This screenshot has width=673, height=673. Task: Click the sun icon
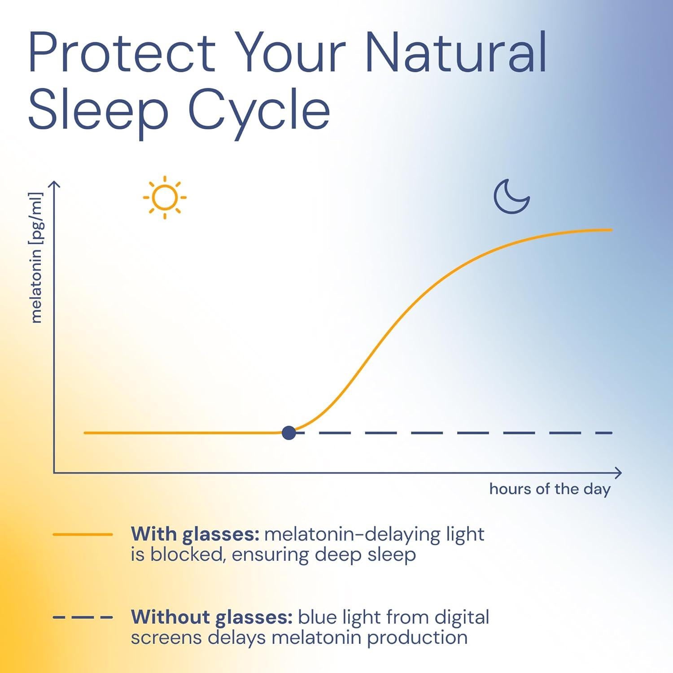(x=165, y=197)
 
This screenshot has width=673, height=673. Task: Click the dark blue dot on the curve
(x=289, y=433)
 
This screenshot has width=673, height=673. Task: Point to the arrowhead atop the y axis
(x=54, y=184)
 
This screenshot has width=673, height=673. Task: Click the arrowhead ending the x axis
(x=619, y=472)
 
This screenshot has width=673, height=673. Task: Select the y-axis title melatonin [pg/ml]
(x=36, y=258)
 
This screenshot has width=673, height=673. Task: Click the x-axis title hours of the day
(x=550, y=489)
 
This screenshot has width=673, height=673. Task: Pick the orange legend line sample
(x=83, y=534)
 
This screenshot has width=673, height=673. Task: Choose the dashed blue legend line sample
(x=83, y=617)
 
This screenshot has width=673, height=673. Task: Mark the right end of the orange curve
(x=611, y=230)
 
